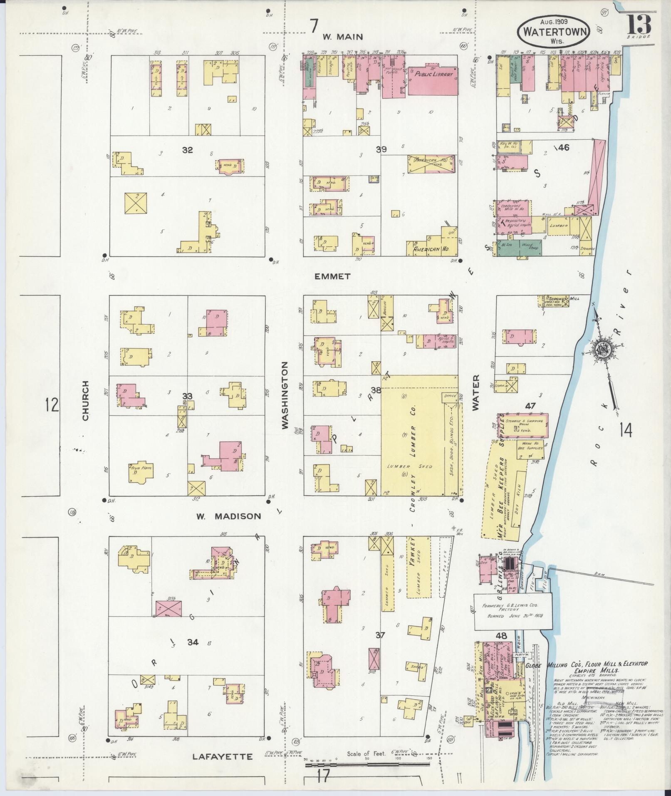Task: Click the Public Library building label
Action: [x=433, y=75]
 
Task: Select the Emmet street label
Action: [x=332, y=276]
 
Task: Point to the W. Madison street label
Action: [x=228, y=516]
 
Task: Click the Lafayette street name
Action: [x=223, y=756]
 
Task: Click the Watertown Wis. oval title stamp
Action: [x=553, y=31]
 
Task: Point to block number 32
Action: [x=187, y=150]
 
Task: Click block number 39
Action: [x=381, y=149]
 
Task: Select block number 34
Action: [x=193, y=654]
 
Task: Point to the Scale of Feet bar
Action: [x=368, y=764]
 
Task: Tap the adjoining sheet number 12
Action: [x=52, y=404]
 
